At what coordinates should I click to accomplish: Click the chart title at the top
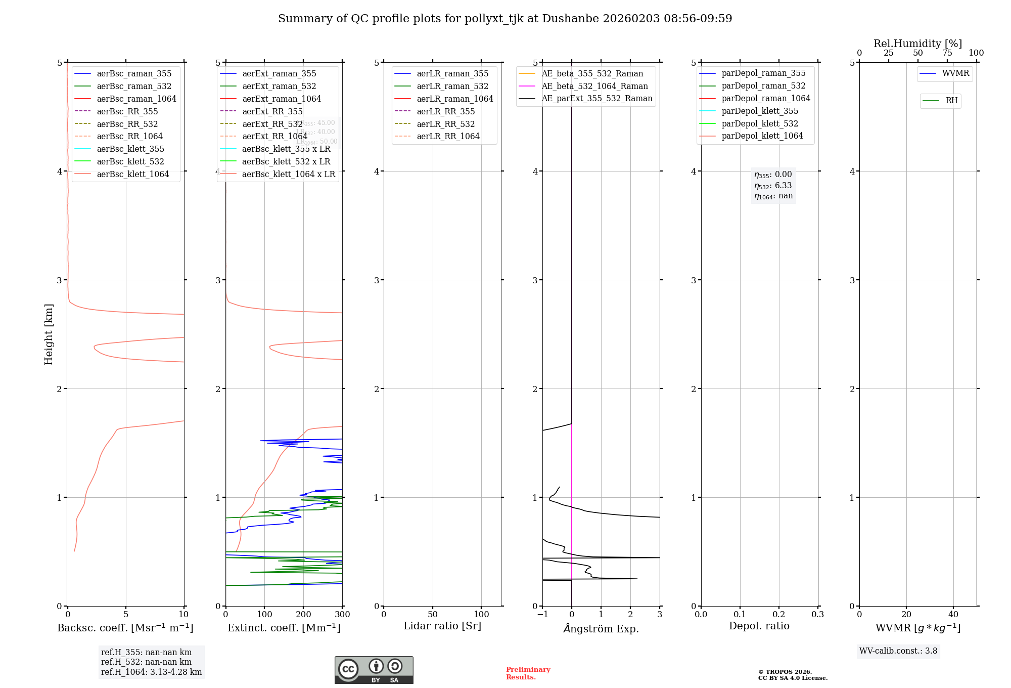[x=505, y=19]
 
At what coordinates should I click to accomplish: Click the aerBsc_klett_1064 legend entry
[x=132, y=174]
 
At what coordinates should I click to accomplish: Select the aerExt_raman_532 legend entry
[x=279, y=86]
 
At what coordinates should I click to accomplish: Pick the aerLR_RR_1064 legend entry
[x=448, y=136]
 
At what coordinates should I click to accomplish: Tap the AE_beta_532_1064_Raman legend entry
[x=594, y=86]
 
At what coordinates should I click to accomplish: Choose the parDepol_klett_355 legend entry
[x=760, y=111]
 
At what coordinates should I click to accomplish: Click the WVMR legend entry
[x=955, y=73]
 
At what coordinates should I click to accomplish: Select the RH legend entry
[x=951, y=101]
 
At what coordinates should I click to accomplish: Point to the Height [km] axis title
[x=49, y=334]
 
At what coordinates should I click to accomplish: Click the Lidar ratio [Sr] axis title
[x=442, y=626]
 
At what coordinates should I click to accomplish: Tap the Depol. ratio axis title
[x=759, y=626]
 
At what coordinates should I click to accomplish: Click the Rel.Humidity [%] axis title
[x=917, y=44]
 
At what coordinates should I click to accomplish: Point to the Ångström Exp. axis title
[x=601, y=628]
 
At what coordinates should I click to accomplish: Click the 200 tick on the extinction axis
[x=303, y=614]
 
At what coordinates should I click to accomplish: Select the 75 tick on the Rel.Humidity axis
[x=947, y=53]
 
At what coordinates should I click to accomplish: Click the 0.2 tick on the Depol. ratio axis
[x=779, y=614]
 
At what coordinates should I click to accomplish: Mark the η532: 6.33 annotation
[x=773, y=186]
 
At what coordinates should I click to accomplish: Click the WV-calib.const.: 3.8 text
[x=898, y=651]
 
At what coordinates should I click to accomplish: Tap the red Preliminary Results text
[x=528, y=673]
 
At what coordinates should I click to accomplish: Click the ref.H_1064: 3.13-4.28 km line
[x=151, y=672]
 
